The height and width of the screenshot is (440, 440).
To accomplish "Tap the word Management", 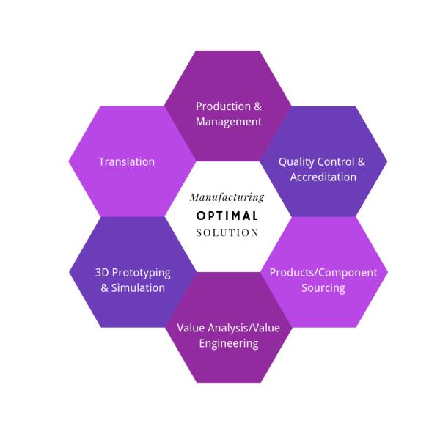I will (229, 122).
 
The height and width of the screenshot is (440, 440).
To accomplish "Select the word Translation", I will (127, 161).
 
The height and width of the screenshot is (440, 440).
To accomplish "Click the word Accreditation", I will (323, 177).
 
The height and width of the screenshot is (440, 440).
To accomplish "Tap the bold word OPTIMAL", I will (227, 216).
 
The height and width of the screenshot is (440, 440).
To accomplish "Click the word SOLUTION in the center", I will (227, 233).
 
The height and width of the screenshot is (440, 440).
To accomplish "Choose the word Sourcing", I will (323, 288).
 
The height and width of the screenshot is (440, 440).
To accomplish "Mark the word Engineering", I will (229, 342).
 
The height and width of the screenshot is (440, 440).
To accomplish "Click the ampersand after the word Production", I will (257, 106).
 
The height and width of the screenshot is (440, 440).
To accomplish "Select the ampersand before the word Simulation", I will (104, 288).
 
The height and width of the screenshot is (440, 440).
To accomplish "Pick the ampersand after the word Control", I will (361, 161).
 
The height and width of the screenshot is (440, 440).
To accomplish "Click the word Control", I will (335, 161).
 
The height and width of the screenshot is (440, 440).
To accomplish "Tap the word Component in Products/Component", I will (346, 273).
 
